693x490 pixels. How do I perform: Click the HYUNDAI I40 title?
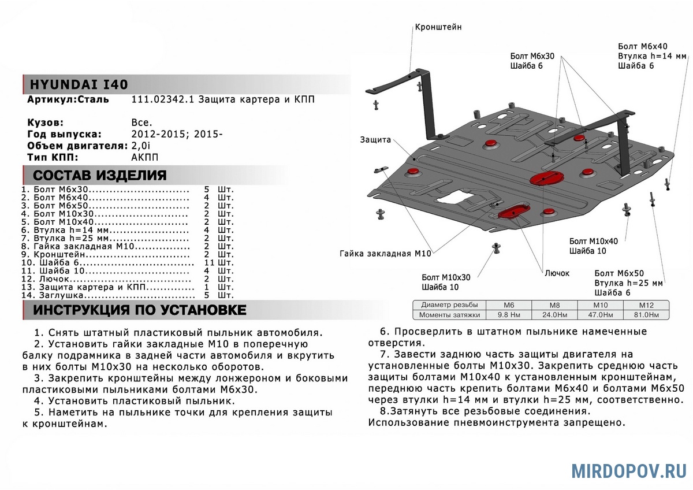pos(75,84)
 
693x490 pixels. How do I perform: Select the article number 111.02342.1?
pos(163,100)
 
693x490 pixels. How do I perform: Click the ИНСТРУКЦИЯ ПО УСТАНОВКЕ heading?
pos(139,310)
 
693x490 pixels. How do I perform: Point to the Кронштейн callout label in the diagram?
pos(438,27)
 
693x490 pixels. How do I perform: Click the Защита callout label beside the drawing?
pos(375,140)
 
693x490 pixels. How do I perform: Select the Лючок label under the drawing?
pos(557,273)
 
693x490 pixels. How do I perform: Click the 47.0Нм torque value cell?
pos(602,315)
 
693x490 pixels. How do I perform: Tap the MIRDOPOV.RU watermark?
pos(629,471)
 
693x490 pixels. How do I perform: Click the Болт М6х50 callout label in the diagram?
pos(619,273)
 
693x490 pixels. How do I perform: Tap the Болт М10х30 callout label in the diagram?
pos(446,277)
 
